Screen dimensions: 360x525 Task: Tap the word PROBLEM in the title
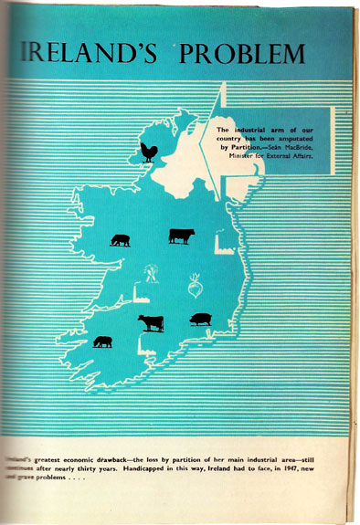pyautogui.click(x=243, y=54)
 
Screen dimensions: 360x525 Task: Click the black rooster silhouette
pyautogui.click(x=147, y=152)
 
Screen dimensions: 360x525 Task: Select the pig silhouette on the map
pyautogui.click(x=200, y=320)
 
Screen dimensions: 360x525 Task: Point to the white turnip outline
pyautogui.click(x=196, y=285)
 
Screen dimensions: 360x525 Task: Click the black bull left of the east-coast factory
pyautogui.click(x=181, y=236)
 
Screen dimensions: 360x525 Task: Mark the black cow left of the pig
pyautogui.click(x=151, y=322)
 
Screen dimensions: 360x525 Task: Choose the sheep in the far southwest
pyautogui.click(x=103, y=341)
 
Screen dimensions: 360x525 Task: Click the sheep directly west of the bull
pyautogui.click(x=120, y=240)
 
